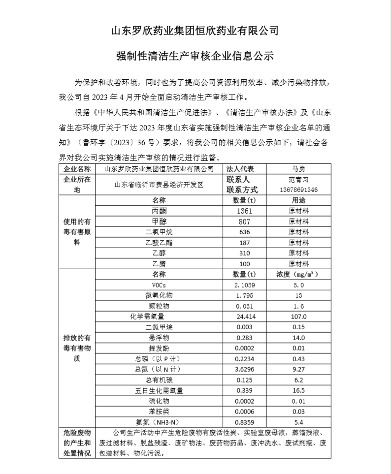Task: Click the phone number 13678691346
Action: [x=298, y=190]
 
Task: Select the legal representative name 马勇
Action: [x=298, y=168]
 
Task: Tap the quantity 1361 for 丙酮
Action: [x=244, y=210]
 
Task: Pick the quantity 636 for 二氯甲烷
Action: [x=244, y=232]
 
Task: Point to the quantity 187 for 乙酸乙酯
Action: [x=244, y=243]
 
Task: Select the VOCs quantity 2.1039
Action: [x=244, y=285]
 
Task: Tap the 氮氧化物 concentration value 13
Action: [x=298, y=296]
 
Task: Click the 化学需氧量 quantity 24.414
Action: [x=244, y=317]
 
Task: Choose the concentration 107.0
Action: [x=298, y=317]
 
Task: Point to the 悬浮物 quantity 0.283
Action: [x=244, y=338]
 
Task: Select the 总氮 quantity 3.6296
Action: [x=244, y=369]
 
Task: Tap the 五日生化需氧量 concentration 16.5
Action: [x=298, y=390]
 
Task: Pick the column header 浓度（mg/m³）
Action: [x=298, y=274]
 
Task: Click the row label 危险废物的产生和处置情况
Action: [x=77, y=443]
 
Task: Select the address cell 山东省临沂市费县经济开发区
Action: [x=159, y=185]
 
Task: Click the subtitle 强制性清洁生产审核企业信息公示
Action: [x=195, y=55]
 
